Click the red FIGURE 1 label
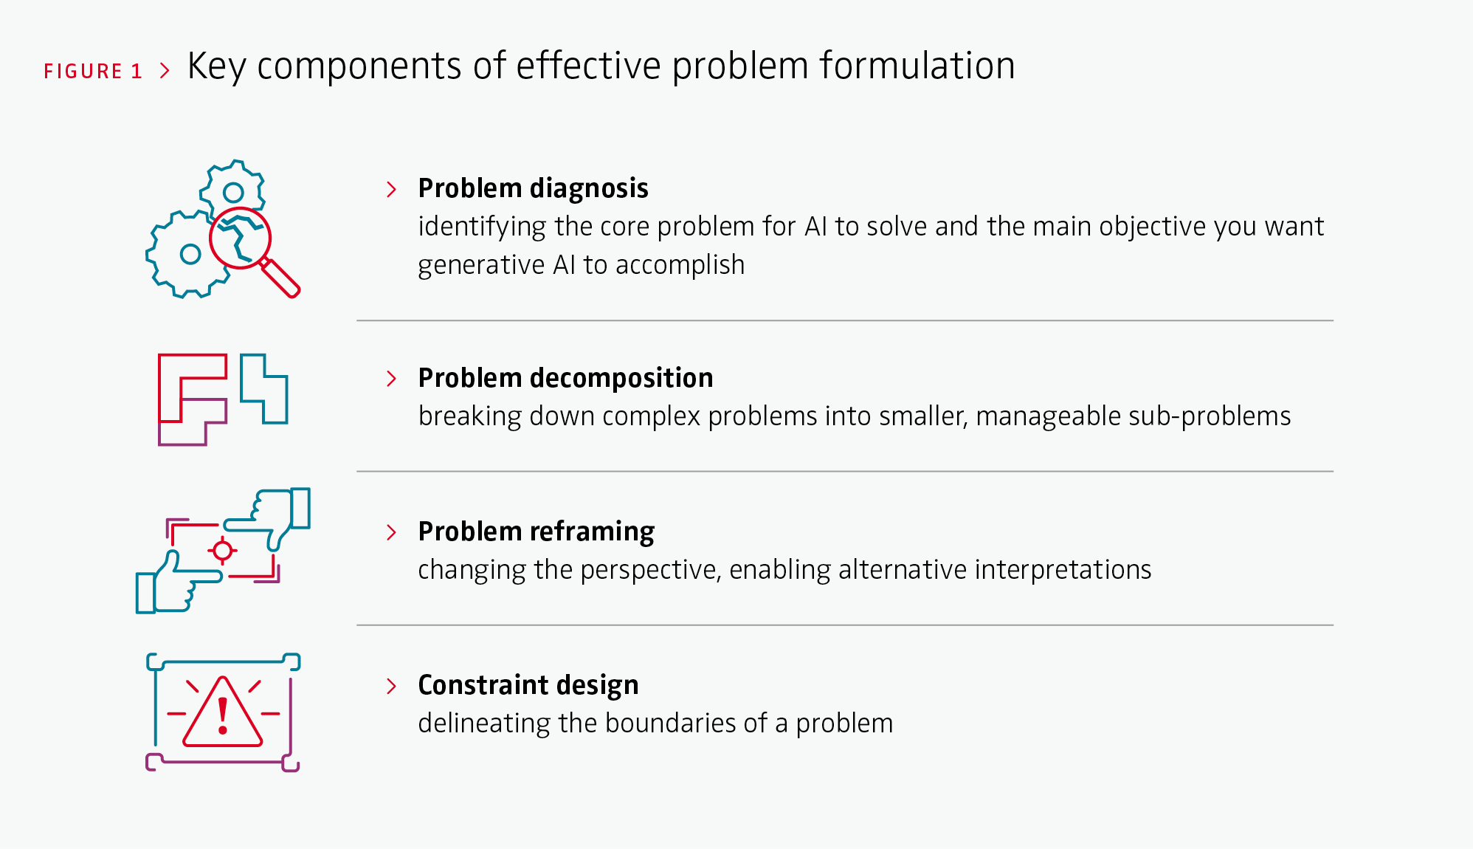[x=93, y=71]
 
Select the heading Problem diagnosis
[x=533, y=188]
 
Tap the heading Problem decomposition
[x=565, y=378]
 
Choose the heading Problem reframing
[x=536, y=532]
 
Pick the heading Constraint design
[x=528, y=685]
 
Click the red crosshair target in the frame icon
[x=222, y=551]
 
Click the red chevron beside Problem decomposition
[x=391, y=379]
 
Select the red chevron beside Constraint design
[x=391, y=686]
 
